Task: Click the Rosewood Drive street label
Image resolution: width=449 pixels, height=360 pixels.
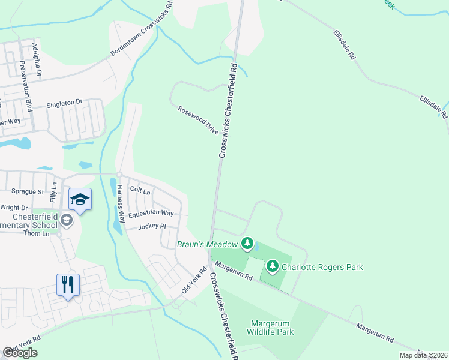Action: coord(198,120)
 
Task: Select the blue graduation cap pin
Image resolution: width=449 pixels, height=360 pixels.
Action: coord(80,199)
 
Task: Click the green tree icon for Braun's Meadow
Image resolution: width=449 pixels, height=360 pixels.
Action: coord(246,243)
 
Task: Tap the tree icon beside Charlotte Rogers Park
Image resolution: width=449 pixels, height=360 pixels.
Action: coord(272,266)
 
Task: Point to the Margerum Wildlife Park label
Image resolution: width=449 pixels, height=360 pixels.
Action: coord(272,328)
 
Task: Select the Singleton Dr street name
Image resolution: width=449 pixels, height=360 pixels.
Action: coord(64,103)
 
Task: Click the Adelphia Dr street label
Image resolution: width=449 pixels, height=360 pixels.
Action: coord(37,60)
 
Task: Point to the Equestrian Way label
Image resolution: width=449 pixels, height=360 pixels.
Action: coord(151,213)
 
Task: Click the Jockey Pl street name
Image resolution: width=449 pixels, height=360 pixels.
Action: coord(151,226)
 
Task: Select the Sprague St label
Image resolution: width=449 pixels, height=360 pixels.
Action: coord(28,192)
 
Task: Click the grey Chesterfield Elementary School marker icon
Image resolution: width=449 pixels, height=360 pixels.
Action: coord(67,221)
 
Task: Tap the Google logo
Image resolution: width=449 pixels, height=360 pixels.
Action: coord(20,353)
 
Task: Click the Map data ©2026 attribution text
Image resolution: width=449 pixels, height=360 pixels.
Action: coord(423,355)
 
